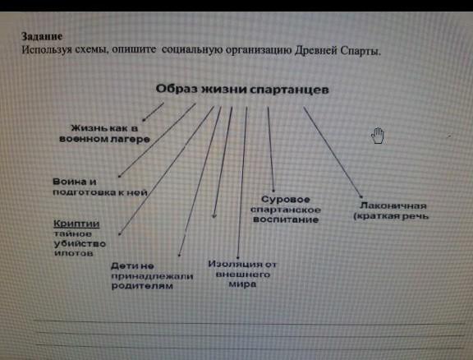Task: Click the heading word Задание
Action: coord(42,36)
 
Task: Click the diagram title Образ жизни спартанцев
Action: coord(242,90)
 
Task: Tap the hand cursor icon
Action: coord(378,136)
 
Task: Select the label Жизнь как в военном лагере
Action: coord(104,133)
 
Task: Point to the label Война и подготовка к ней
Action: coord(100,187)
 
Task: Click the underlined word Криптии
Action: coord(76,224)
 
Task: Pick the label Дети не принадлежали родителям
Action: coord(152,275)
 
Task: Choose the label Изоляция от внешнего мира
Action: coord(242,274)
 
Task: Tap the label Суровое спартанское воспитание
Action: coord(286,210)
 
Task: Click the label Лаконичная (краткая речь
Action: coord(391,210)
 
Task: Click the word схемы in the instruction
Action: coord(92,49)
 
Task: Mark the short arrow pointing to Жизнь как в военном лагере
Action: coord(154,112)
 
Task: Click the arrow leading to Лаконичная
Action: coord(333,152)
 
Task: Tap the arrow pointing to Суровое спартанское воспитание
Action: coord(271,150)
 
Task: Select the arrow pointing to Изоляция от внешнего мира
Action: coord(242,182)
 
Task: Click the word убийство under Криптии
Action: coord(80,244)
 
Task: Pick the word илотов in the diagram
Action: coord(74,253)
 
